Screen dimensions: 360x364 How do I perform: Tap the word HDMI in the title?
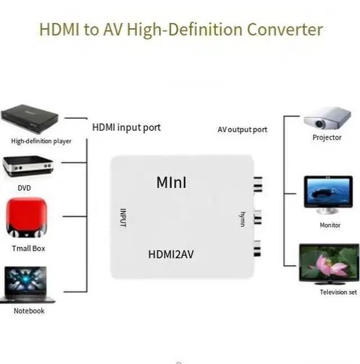[x=59, y=29]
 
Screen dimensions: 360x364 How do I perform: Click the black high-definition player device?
[x=30, y=119]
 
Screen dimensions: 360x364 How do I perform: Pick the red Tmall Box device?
[x=26, y=217]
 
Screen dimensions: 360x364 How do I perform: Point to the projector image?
[x=327, y=118]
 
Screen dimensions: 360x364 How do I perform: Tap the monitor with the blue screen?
[x=328, y=194]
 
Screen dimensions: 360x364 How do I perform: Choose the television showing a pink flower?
[x=329, y=264]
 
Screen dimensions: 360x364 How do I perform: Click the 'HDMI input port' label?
[x=127, y=128]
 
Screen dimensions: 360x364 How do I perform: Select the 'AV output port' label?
[x=242, y=130]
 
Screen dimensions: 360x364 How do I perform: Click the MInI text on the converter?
[x=172, y=183]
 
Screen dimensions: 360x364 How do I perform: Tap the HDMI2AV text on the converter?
[x=171, y=254]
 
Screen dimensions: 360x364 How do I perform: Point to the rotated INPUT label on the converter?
[x=123, y=217]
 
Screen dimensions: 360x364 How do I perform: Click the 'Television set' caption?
[x=338, y=292]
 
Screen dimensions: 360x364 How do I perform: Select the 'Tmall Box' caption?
[x=29, y=248]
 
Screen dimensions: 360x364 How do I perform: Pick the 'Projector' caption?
[x=327, y=137]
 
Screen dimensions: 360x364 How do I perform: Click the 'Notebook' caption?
[x=29, y=311]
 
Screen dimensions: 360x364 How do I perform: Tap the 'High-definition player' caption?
[x=41, y=141]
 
